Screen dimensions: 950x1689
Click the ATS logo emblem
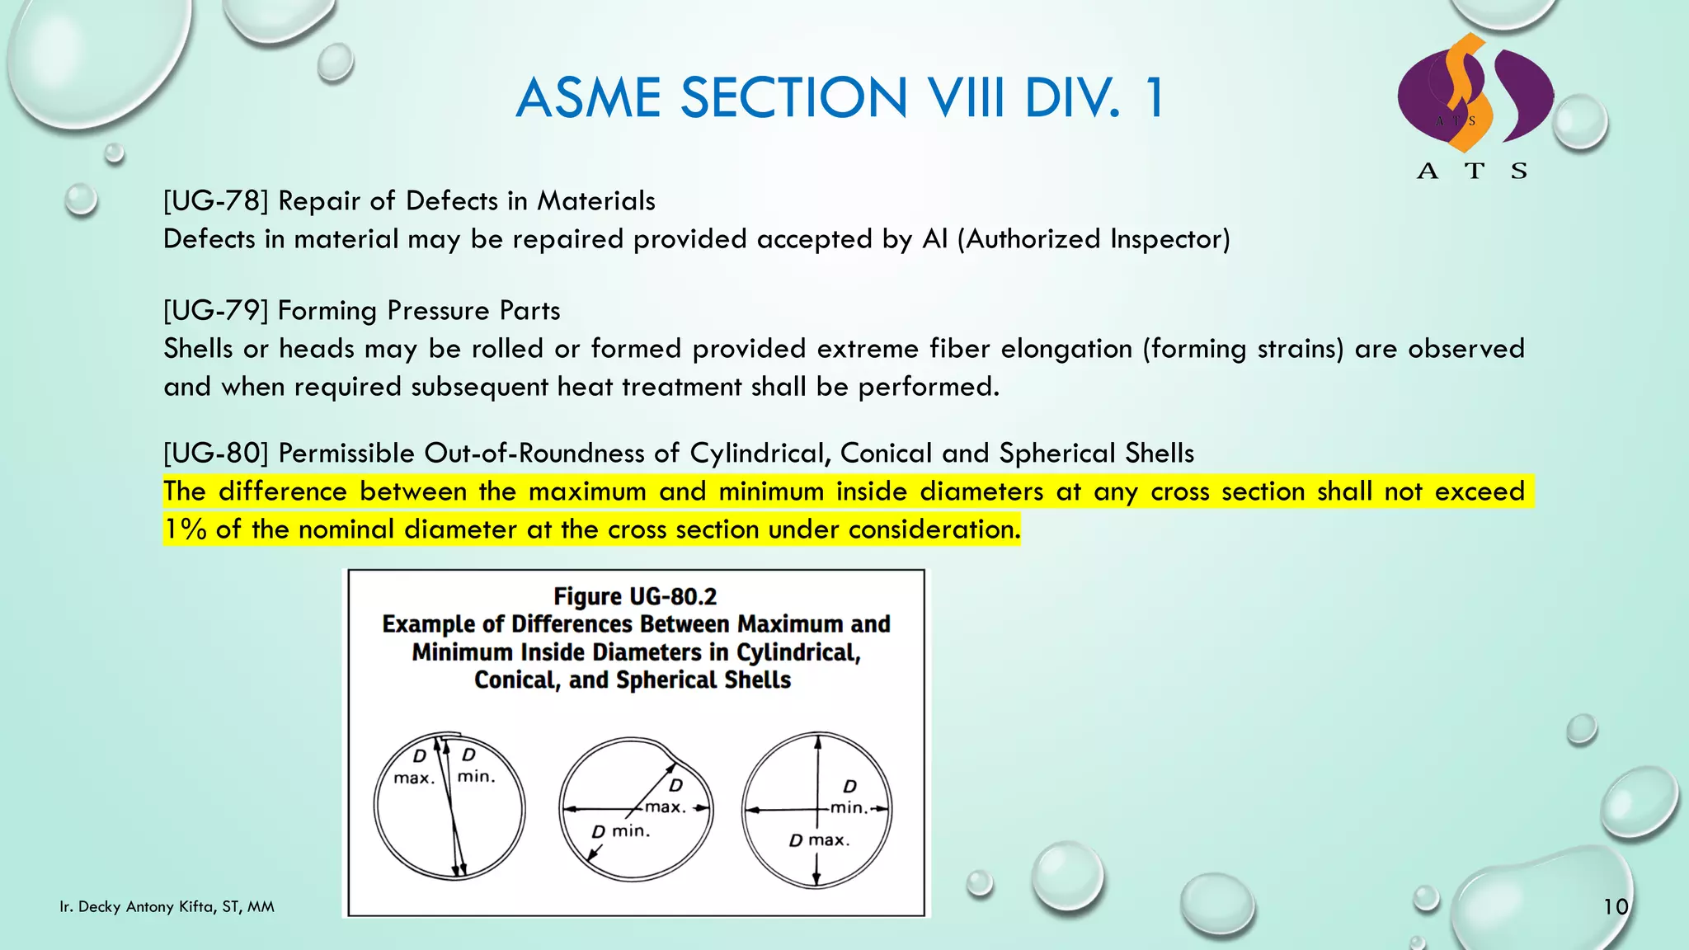point(1475,95)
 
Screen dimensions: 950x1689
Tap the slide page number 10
point(1616,907)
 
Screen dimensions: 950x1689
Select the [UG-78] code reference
point(216,201)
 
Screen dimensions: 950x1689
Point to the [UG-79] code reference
point(216,311)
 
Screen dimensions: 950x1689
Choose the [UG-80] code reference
point(216,454)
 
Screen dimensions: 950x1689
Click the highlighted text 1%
point(185,529)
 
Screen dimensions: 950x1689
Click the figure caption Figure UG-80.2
point(635,596)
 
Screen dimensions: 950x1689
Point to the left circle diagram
point(449,807)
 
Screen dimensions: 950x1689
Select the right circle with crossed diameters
point(816,810)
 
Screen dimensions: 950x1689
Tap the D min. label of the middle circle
point(621,831)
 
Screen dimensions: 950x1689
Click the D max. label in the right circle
point(818,840)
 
